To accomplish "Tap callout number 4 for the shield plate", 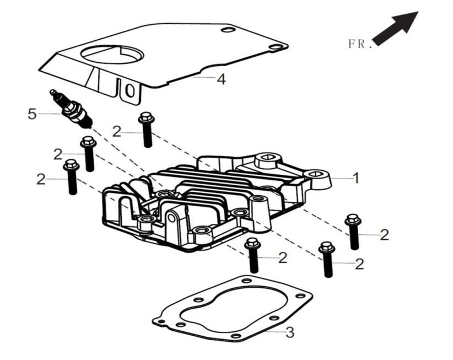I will point(221,79).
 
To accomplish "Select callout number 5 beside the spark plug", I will point(33,114).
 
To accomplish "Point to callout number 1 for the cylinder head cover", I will point(356,178).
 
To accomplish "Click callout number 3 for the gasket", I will point(290,332).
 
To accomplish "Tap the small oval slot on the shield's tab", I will point(130,90).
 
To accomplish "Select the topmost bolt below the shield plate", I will point(146,129).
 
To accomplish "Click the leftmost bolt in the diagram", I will point(71,176).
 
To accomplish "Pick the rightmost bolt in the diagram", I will point(353,232).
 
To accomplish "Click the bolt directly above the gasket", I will point(253,255).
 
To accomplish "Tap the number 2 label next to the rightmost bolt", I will point(385,235).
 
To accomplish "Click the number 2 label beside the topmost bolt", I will point(116,132).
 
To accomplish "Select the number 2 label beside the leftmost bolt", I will point(40,179).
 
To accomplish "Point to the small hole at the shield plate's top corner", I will point(224,29).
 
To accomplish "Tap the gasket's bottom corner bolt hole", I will point(236,336).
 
